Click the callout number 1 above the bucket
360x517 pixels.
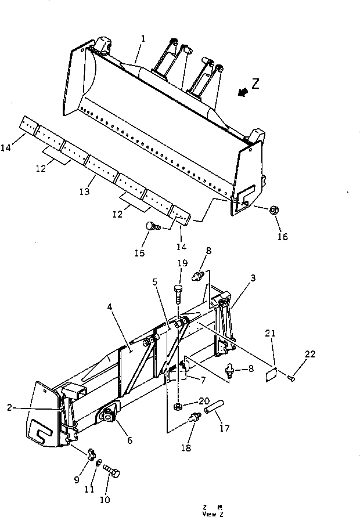143,38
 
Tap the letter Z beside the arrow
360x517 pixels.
255,83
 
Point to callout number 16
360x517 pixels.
283,237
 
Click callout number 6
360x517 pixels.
129,441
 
